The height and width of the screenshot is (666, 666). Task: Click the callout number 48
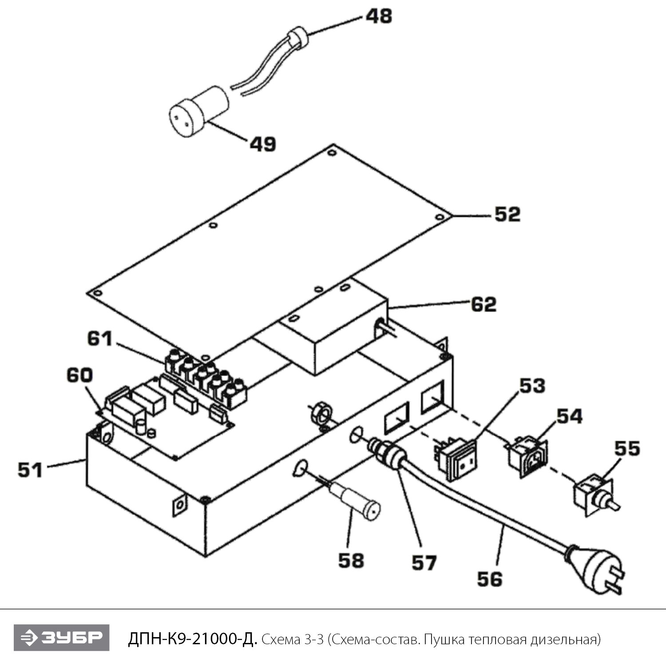coord(379,16)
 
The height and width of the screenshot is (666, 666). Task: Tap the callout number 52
coord(507,214)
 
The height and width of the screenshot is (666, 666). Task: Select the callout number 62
coord(484,305)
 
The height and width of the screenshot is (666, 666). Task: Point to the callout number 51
coord(30,470)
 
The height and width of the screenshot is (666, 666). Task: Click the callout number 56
coord(490,579)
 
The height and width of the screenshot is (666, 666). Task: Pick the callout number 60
coord(79,376)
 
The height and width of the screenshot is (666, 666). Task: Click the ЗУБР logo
coord(61,638)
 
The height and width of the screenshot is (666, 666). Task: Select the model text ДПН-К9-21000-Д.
coord(192,639)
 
